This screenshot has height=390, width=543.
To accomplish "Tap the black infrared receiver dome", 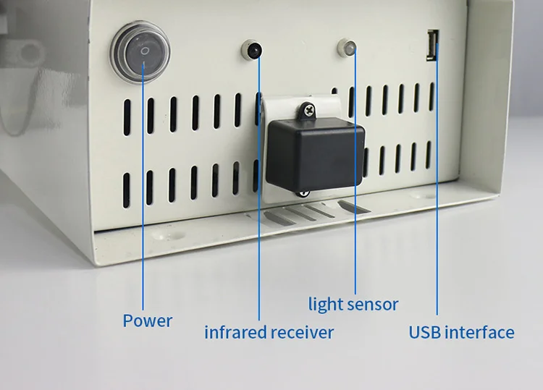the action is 253,51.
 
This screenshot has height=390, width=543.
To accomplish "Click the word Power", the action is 147,321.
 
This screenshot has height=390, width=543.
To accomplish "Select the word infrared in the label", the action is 235,333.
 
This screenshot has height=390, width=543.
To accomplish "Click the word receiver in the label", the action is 303,333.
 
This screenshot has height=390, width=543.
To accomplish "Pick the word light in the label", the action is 324,304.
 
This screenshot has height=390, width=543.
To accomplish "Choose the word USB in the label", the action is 425,333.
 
